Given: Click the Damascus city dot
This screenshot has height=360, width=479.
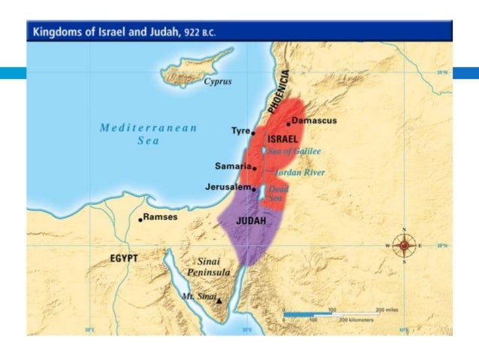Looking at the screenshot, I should (288, 124).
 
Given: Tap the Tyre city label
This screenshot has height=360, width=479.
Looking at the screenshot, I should (239, 131).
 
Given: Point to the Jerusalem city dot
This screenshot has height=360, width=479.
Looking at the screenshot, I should (255, 189).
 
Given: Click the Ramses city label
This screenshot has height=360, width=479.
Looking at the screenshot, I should (161, 217).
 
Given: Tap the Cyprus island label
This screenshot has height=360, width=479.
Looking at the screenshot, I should (218, 81).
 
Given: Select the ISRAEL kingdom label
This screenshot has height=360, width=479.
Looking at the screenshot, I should (283, 139).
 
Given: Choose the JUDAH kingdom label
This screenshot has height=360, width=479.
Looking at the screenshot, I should (252, 222).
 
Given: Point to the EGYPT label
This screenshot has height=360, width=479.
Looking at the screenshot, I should (124, 258).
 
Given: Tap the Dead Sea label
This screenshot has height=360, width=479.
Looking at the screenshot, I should (279, 193).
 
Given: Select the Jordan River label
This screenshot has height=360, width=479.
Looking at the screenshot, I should (300, 172).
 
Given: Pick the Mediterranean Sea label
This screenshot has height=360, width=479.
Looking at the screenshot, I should (148, 134).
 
